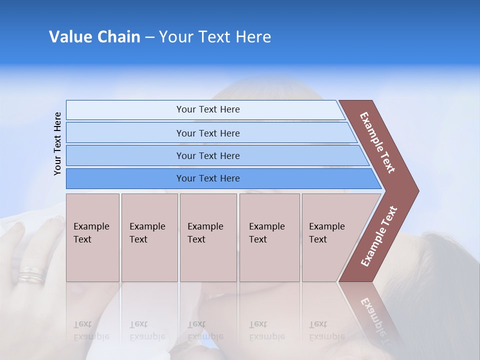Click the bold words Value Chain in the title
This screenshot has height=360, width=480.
94,37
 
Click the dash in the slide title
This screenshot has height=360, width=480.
149,37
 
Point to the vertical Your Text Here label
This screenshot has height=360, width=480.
57,143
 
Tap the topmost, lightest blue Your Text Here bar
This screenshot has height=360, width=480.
207,109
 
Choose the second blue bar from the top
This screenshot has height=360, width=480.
207,133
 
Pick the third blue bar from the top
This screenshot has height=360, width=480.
207,155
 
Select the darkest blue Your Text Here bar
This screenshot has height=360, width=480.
207,178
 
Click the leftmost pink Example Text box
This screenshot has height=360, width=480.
92,237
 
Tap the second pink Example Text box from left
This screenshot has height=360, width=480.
149,237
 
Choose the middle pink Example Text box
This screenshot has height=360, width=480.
208,237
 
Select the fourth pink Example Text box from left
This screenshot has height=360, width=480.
269,237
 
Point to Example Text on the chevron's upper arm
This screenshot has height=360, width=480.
377,142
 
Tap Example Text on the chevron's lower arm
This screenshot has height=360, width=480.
379,236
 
